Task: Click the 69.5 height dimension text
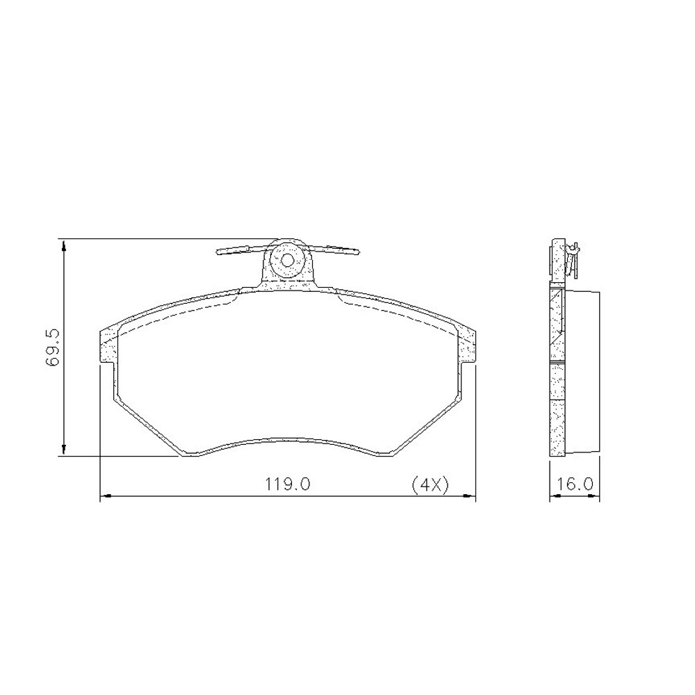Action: (x=53, y=348)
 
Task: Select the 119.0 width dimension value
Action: (x=288, y=484)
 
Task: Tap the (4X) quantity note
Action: (x=430, y=484)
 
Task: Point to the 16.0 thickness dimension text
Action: (x=575, y=484)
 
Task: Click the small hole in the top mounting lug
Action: (x=287, y=260)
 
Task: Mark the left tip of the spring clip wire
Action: (x=218, y=253)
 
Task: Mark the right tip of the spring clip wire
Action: (x=358, y=253)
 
